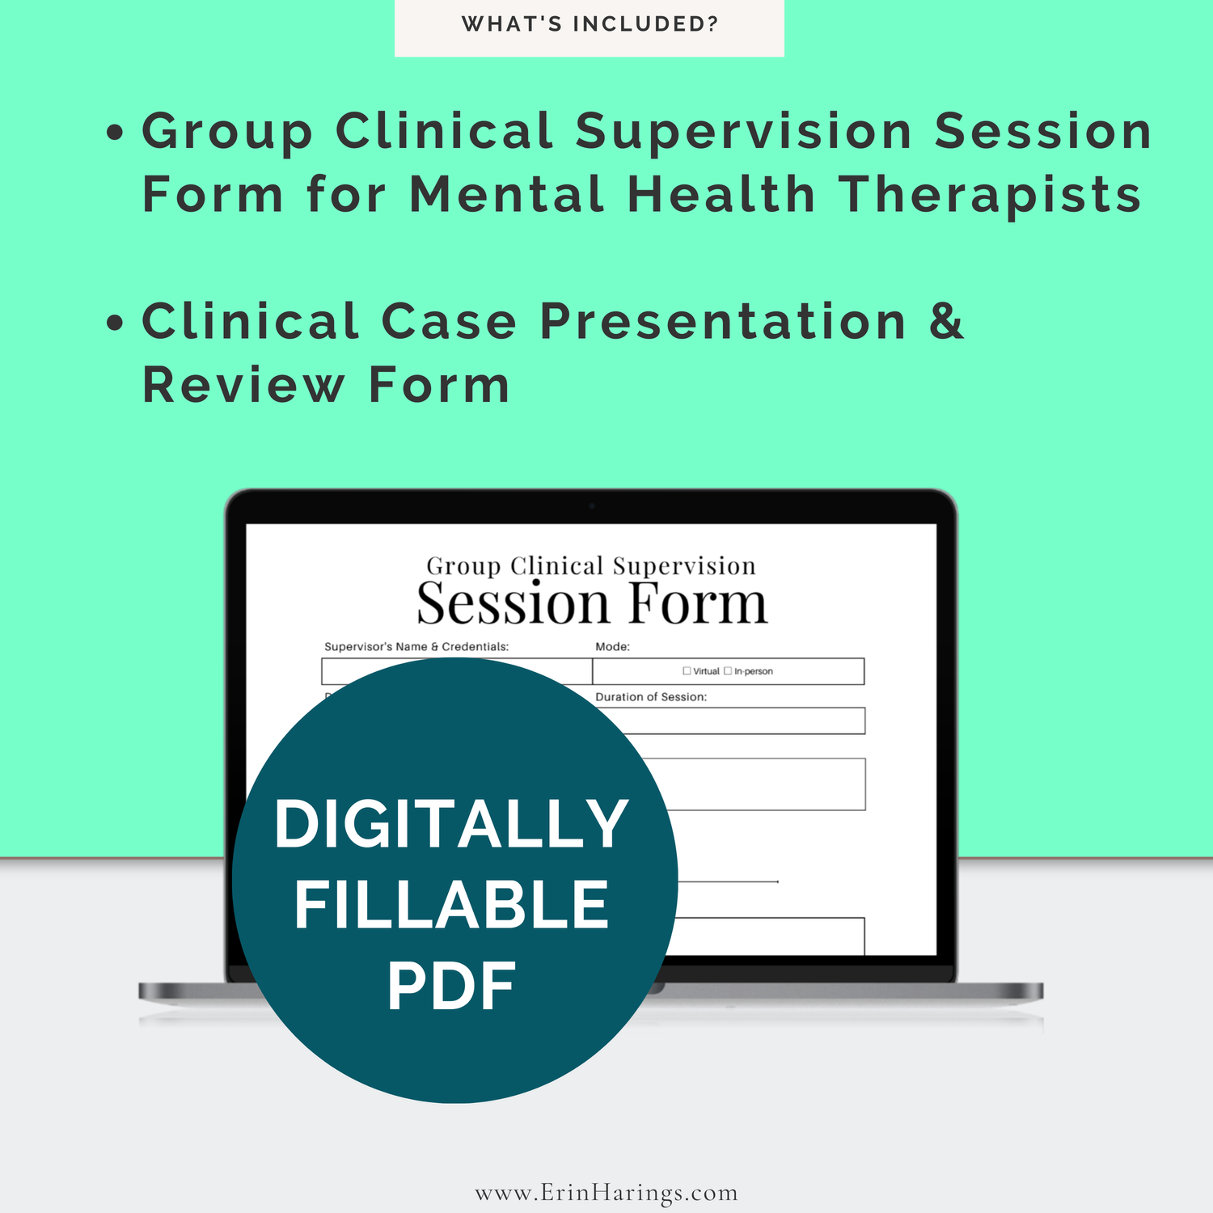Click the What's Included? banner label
(x=590, y=24)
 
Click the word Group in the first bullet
(x=227, y=132)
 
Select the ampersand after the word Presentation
(x=946, y=321)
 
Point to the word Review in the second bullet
(x=243, y=385)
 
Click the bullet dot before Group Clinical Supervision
(x=116, y=133)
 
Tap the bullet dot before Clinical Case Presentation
(x=116, y=323)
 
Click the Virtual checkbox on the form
(x=687, y=670)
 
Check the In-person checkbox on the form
(x=728, y=670)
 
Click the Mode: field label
(x=612, y=647)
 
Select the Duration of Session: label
(x=651, y=697)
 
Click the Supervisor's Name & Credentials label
(x=416, y=647)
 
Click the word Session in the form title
(x=513, y=605)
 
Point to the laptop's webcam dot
(x=592, y=506)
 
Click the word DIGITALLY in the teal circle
(x=452, y=824)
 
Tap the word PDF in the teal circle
(x=451, y=987)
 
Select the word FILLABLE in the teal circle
(x=451, y=905)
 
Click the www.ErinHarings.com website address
(x=606, y=1193)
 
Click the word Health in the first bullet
(x=721, y=196)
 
